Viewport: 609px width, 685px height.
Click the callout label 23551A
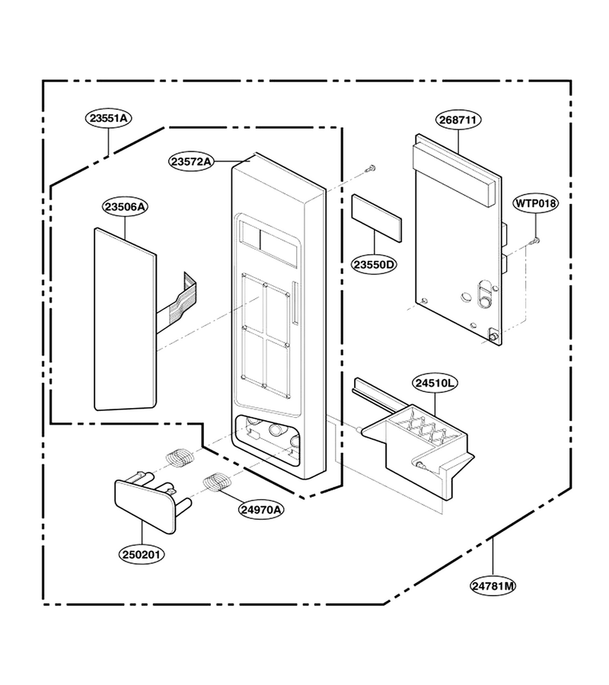(x=108, y=119)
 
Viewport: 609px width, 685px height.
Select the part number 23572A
(x=191, y=161)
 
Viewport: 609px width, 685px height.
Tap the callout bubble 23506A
(x=125, y=206)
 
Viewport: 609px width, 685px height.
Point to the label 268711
(x=458, y=119)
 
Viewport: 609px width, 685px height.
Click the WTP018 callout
(x=536, y=203)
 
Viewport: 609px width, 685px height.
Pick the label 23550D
(x=374, y=265)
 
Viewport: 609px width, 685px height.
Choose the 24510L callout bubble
(x=435, y=383)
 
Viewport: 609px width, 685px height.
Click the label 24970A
(x=261, y=509)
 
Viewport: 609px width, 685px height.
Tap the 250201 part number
(x=142, y=554)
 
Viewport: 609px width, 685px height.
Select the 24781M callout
(x=493, y=585)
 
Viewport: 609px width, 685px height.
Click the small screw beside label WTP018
(x=534, y=241)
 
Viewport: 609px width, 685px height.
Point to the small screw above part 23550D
(x=371, y=167)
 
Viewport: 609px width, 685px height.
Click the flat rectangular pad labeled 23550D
(x=376, y=218)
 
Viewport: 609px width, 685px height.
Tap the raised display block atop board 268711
(x=454, y=173)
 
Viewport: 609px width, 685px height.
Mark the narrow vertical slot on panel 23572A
(x=296, y=303)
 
